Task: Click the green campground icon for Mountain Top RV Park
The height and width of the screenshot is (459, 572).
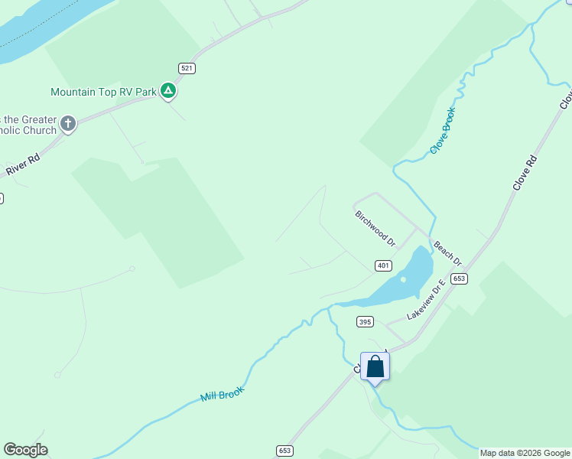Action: click(x=168, y=92)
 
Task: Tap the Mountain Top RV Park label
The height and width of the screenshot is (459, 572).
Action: click(x=102, y=92)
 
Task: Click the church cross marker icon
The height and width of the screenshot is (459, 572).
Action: click(x=68, y=123)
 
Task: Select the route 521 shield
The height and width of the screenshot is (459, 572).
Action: click(x=187, y=69)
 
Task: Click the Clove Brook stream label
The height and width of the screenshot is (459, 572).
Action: click(x=442, y=130)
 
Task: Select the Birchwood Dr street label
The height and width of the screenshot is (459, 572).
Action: click(x=375, y=228)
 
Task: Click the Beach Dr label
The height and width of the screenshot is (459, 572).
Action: click(x=448, y=254)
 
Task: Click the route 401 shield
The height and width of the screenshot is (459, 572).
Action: click(x=384, y=265)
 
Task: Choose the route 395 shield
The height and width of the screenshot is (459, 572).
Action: click(x=365, y=322)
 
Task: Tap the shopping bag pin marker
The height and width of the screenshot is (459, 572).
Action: click(x=375, y=367)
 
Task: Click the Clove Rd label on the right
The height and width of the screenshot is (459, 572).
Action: click(x=525, y=173)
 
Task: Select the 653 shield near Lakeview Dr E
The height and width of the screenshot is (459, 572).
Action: click(x=459, y=278)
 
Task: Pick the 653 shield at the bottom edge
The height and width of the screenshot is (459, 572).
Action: click(x=284, y=451)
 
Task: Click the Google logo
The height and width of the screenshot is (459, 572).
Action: click(x=25, y=450)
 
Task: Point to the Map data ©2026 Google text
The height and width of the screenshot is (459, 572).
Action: click(x=525, y=453)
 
